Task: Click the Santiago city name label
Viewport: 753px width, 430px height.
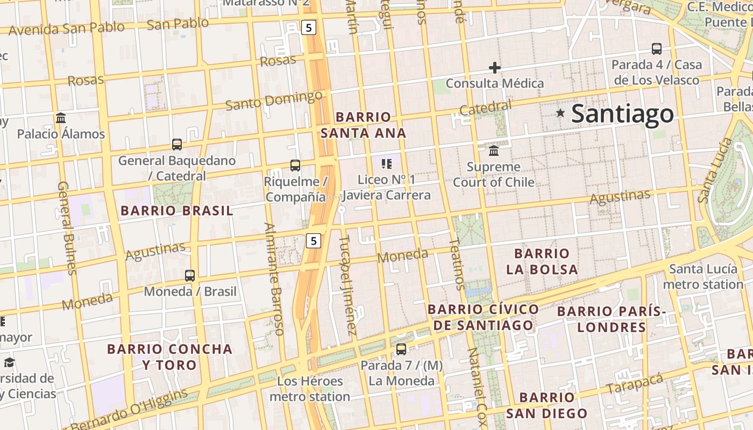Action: [x=622, y=114]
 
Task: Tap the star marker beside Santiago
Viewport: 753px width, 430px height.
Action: [x=560, y=113]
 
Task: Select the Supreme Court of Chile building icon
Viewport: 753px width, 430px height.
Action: [x=494, y=150]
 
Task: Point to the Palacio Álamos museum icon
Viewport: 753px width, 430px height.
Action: [x=61, y=118]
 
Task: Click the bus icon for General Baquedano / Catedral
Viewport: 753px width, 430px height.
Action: [x=177, y=144]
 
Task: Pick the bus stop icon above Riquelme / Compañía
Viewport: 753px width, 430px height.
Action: [x=295, y=166]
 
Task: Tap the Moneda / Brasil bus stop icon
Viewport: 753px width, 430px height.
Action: [x=189, y=276]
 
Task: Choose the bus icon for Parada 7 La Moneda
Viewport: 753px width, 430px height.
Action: [x=401, y=349]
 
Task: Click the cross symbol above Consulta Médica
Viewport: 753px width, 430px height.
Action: [x=495, y=68]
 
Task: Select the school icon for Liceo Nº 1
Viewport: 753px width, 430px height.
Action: [x=386, y=163]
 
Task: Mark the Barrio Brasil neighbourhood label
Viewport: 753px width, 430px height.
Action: [x=177, y=211]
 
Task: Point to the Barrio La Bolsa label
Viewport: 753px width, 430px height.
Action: [x=542, y=261]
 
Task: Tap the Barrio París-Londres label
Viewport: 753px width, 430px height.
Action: [x=611, y=319]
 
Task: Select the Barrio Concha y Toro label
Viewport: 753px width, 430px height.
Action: [x=170, y=357]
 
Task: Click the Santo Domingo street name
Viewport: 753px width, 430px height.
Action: [x=274, y=101]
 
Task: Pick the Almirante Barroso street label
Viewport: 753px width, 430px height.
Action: [x=273, y=279]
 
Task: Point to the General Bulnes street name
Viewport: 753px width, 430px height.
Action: [x=67, y=228]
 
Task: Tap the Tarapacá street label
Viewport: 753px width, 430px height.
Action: [x=635, y=383]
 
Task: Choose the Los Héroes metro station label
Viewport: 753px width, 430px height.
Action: [x=310, y=389]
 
